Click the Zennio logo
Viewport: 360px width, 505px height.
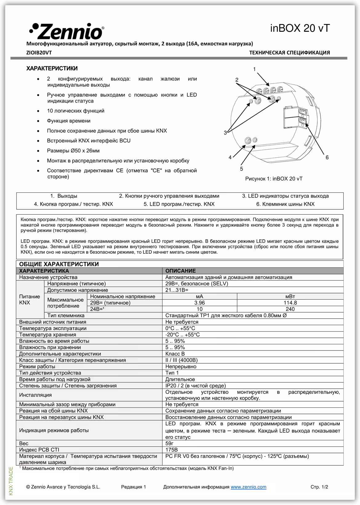tap(66, 31)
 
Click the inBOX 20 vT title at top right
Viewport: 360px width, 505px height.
tap(300, 28)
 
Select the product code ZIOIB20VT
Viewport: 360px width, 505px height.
tap(39, 53)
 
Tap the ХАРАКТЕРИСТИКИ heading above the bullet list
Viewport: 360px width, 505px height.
tap(52, 68)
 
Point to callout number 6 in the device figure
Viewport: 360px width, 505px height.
tap(327, 157)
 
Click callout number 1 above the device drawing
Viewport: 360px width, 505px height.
tap(254, 69)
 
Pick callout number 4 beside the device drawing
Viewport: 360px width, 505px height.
tap(230, 157)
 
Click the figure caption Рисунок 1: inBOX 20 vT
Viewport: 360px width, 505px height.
tap(274, 179)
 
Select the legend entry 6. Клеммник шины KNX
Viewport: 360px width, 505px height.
tap(285, 204)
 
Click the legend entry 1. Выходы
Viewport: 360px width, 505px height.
tap(64, 196)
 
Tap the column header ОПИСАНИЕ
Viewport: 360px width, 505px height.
tap(181, 271)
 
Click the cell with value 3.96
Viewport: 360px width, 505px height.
tap(199, 303)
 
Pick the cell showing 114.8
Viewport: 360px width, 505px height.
tap(290, 303)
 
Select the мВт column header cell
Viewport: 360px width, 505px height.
tap(290, 296)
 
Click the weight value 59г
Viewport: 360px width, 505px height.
tap(170, 443)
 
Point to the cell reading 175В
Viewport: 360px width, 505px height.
tap(171, 450)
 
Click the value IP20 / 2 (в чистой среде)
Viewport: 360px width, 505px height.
tap(195, 386)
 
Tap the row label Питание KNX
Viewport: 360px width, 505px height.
tap(30, 300)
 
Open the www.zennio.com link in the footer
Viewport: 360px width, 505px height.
tap(248, 487)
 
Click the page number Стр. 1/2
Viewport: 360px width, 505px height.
tap(319, 487)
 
